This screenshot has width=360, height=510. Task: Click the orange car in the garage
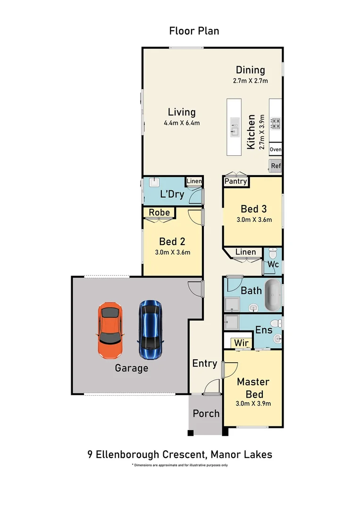coord(110,330)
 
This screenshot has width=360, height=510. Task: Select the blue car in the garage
coord(150,330)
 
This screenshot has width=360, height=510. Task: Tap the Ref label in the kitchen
coord(276,166)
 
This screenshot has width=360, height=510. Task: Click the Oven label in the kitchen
coord(276,150)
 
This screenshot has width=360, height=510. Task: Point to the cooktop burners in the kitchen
coord(275,124)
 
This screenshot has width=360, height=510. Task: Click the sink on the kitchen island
coord(234,127)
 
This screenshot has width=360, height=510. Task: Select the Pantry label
coord(235,181)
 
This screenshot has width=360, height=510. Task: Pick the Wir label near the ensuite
coord(239,342)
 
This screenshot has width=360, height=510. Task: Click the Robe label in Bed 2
coord(159,212)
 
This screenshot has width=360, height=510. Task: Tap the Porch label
coord(206,414)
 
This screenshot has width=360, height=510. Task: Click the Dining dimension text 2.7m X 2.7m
coord(250,80)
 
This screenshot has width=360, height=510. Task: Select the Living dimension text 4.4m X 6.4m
coord(182,123)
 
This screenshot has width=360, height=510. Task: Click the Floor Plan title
coord(194,31)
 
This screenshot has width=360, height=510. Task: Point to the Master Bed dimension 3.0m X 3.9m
coord(253,404)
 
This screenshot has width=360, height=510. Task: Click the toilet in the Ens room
coord(279,323)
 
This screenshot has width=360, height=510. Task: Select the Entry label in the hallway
coord(204,364)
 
